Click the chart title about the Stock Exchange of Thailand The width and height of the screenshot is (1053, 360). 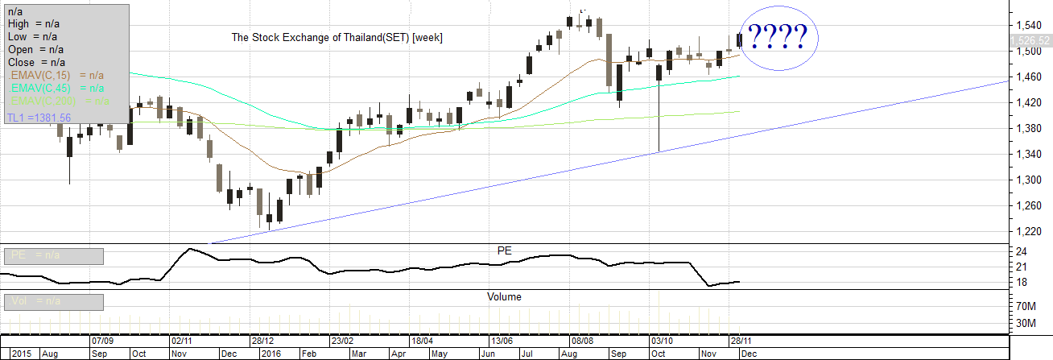pyautogui.click(x=337, y=38)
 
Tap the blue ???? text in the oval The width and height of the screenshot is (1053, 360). pyautogui.click(x=778, y=37)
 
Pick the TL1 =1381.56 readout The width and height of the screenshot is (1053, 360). pyautogui.click(x=39, y=118)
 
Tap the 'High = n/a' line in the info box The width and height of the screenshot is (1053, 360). pyautogui.click(x=37, y=23)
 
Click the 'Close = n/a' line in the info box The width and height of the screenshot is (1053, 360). pyautogui.click(x=37, y=62)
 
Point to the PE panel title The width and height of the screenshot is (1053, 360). pyautogui.click(x=505, y=250)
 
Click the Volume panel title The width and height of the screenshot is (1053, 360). pyautogui.click(x=504, y=296)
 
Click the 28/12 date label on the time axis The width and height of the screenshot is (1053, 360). pyautogui.click(x=264, y=341)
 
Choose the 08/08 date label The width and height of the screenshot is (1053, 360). pyautogui.click(x=582, y=341)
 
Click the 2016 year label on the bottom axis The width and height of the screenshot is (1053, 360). pyautogui.click(x=272, y=354)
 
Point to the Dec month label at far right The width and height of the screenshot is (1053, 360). pyautogui.click(x=747, y=354)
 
